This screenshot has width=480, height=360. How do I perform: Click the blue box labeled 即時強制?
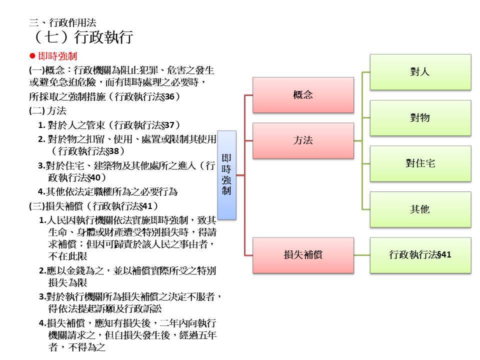pos(227,175)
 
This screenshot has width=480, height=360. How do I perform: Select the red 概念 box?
pos(303,95)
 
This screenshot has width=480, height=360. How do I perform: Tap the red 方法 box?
pos(303,141)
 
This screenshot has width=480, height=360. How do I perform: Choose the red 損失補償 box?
pos(303,255)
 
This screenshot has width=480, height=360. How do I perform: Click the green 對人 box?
pos(420,72)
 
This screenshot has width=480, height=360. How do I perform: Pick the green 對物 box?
pos(420,118)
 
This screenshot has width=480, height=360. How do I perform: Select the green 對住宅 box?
pos(420,164)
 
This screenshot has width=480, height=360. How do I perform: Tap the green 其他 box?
pos(420,209)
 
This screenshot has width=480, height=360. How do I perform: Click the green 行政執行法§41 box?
pos(420,255)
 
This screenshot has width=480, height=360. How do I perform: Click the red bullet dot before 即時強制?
pos(32,56)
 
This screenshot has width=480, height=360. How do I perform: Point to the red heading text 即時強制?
pos(57,56)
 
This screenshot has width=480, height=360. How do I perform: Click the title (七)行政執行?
pos(82,36)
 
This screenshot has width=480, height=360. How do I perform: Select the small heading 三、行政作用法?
pos(63,22)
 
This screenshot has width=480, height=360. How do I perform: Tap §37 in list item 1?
pos(167,125)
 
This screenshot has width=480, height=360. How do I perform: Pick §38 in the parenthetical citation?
pos(112,151)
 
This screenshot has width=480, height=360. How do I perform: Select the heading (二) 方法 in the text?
pos(48,111)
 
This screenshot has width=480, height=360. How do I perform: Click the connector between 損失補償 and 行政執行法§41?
pos(362,255)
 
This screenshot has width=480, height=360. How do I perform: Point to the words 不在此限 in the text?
pos(67,256)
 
